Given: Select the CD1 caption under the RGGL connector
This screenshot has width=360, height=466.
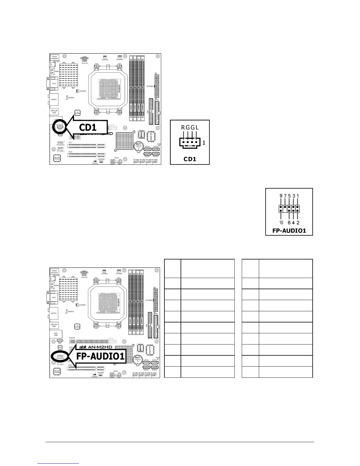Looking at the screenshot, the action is [190, 159].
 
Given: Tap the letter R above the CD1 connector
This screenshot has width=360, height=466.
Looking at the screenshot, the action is [183, 127].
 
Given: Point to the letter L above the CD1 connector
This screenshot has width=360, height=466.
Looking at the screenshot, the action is [197, 127].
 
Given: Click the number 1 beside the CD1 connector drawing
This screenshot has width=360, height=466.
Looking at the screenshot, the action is [204, 143].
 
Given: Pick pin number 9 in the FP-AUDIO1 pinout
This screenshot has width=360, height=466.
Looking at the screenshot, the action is [281, 196].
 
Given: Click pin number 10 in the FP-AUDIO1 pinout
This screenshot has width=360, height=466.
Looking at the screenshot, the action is [281, 223].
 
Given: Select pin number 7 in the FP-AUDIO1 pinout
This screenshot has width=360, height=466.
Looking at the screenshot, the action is [285, 196].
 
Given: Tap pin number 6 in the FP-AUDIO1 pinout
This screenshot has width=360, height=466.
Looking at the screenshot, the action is [289, 223].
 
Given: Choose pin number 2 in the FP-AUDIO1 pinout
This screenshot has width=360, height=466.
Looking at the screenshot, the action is [298, 223].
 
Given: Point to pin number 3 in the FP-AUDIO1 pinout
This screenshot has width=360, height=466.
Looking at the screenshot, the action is [294, 196].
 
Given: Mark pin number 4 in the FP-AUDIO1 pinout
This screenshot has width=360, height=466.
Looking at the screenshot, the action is [294, 223].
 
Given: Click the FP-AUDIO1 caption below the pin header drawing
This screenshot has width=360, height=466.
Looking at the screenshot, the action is [289, 231].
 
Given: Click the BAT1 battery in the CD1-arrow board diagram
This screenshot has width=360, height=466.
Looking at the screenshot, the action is [138, 146].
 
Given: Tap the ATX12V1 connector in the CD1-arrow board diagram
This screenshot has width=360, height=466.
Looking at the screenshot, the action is [85, 59].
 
